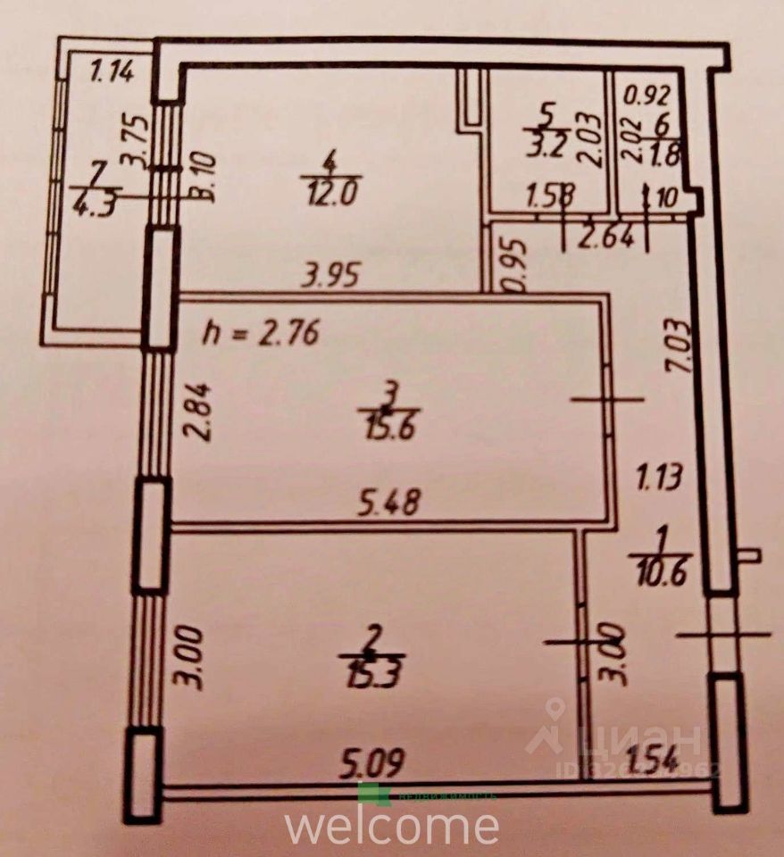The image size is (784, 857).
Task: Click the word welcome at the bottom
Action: (x=392, y=825)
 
